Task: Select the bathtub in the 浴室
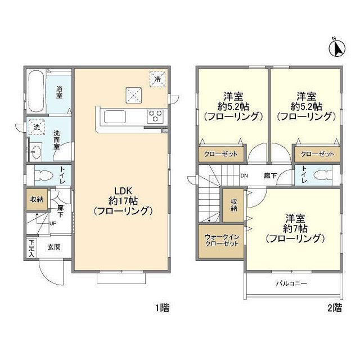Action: (x=35, y=91)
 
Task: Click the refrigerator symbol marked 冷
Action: (x=158, y=79)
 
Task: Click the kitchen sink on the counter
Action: (x=115, y=116)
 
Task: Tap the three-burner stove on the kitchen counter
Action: (x=155, y=116)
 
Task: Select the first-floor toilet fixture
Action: (x=42, y=175)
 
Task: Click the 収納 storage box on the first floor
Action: (x=35, y=199)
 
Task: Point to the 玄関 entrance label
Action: (x=55, y=247)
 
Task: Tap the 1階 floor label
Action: (x=161, y=308)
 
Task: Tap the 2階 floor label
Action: (x=334, y=308)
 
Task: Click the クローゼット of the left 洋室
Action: (x=221, y=153)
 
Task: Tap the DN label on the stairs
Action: (x=245, y=175)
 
